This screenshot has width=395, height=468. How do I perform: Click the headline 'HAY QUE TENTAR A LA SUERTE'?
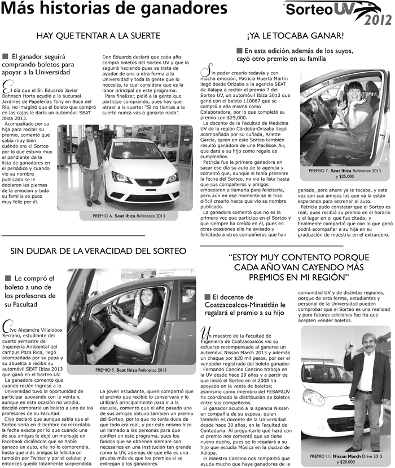98,35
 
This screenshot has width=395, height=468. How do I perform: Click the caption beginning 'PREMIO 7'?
344,171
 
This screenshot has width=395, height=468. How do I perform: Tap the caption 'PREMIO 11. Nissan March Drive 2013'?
345,454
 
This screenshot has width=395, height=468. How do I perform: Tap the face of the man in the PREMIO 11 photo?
369,344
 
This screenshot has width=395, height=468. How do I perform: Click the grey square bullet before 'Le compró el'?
8,278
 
